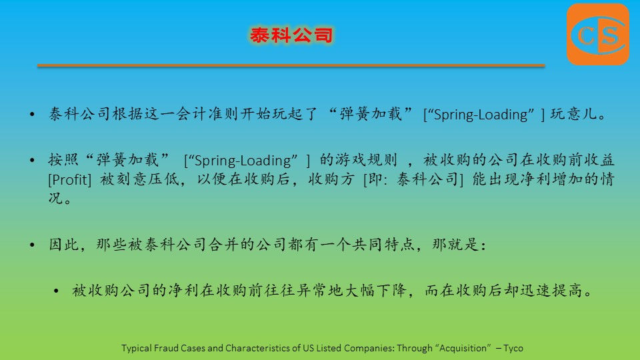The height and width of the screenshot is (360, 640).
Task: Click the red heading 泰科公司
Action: (291, 35)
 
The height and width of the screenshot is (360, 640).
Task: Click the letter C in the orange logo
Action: (585, 36)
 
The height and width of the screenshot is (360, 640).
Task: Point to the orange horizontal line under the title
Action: (291, 65)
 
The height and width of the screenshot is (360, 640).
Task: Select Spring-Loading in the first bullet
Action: (481, 115)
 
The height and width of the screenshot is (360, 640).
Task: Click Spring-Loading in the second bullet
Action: (243, 161)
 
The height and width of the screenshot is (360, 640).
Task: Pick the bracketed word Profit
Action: (70, 179)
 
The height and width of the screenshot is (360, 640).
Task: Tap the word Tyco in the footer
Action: (513, 348)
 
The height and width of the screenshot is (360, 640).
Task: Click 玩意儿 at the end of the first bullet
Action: (573, 114)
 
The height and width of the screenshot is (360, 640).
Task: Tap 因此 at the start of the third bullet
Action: (64, 245)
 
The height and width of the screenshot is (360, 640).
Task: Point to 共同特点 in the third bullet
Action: (383, 245)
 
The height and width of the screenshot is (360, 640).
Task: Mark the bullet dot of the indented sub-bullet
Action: (56, 291)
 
